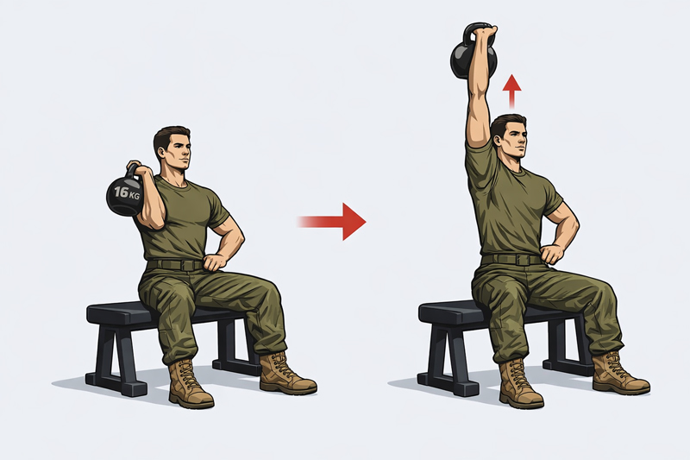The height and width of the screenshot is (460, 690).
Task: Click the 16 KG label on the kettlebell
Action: coord(127,192)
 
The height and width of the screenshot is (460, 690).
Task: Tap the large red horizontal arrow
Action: coord(332,222)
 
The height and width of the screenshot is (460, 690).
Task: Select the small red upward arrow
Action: coord(511,91)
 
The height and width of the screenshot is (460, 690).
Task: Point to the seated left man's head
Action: coord(172,148)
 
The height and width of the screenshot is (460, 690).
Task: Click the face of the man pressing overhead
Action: coord(516,140)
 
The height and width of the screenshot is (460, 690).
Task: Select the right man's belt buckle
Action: coord(522,260)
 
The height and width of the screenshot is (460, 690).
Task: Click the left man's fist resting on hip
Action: coord(215,262)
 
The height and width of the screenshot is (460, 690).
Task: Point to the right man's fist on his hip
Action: coord(552,254)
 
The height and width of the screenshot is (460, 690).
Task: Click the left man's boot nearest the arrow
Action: coord(286,373)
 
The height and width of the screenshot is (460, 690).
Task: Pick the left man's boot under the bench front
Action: coord(190,384)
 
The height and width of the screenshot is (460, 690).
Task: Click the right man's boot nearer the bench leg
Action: coord(521,384)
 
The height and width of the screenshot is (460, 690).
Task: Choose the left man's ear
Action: coord(160,151)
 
